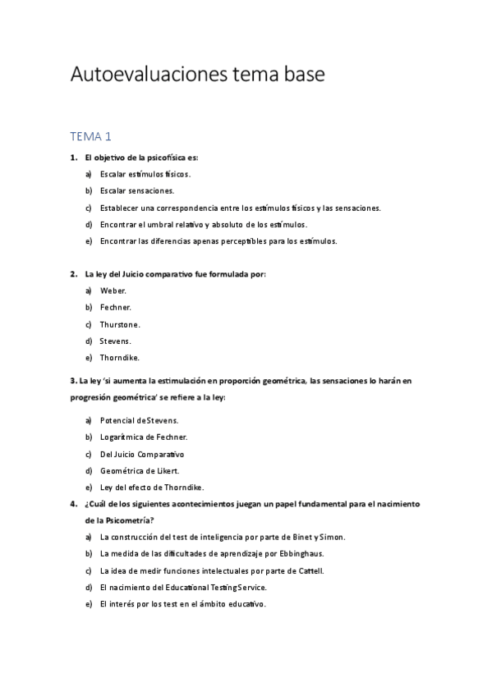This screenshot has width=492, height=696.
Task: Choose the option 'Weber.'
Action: [113, 291]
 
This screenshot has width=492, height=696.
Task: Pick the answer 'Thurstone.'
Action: [120, 324]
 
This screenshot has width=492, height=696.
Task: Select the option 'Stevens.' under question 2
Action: [115, 341]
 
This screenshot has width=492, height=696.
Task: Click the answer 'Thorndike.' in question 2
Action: [120, 357]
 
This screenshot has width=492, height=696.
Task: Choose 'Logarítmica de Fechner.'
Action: [143, 437]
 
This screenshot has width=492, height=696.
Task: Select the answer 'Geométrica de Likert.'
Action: [139, 470]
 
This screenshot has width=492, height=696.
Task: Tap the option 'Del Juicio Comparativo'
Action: [142, 454]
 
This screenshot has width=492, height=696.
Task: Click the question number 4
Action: [73, 503]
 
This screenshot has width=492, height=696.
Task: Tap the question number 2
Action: [73, 273]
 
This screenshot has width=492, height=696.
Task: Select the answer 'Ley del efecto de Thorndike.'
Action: [151, 487]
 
